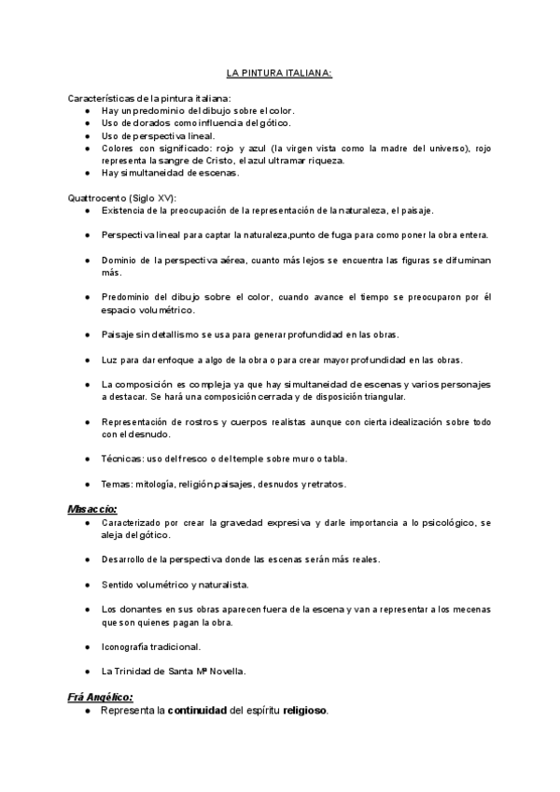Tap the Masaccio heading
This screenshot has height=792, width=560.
pyautogui.click(x=91, y=509)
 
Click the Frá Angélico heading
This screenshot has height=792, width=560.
pyautogui.click(x=100, y=697)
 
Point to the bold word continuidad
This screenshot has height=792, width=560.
pyautogui.click(x=199, y=711)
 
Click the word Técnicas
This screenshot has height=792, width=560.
pyautogui.click(x=122, y=460)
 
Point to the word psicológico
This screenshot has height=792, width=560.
pyautogui.click(x=446, y=522)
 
